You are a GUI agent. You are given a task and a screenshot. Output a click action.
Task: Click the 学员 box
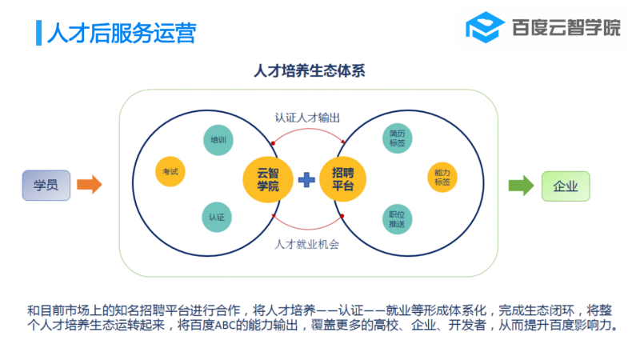point(46,186)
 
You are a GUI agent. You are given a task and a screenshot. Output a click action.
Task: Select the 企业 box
point(566,186)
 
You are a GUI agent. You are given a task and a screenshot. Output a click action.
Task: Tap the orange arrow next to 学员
point(90,185)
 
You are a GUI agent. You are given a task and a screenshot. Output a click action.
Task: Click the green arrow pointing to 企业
point(522,186)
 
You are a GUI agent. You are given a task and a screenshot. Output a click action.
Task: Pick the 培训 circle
point(218,140)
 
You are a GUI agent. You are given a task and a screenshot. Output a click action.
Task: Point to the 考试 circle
point(170,171)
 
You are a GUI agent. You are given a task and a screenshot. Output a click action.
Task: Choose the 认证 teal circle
point(217,217)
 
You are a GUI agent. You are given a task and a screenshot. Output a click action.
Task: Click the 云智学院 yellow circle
point(268,179)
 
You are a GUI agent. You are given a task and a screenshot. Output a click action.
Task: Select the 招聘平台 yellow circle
point(342,179)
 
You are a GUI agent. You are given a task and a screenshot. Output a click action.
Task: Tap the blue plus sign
point(306,179)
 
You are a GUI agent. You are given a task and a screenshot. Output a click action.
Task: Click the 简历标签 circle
point(397,138)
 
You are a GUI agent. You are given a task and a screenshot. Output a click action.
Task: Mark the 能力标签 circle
point(442,178)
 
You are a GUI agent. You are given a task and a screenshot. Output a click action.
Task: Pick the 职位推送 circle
point(397,219)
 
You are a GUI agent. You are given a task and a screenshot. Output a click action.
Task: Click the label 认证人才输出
point(307,118)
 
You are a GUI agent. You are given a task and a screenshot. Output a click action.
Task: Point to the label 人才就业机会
point(307,244)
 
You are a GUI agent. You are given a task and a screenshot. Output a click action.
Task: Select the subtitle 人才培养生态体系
point(310,70)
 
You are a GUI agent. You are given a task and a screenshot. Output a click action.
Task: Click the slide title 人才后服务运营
point(122,33)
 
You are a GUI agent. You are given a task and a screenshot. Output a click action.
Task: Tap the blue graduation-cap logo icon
point(486,27)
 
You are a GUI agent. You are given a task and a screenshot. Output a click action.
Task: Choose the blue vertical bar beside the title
point(38,33)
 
